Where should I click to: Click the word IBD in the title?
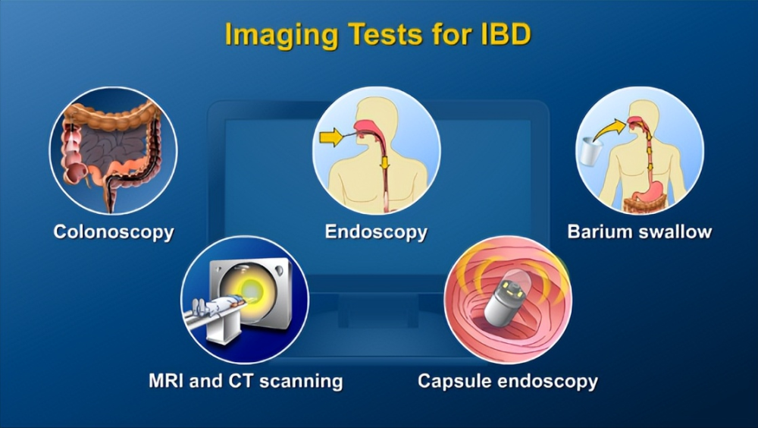[x=505, y=34]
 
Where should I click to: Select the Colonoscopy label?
[x=114, y=232]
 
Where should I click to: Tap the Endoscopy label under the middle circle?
[x=376, y=232]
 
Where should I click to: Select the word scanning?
[x=301, y=382]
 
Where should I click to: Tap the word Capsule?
[x=454, y=382]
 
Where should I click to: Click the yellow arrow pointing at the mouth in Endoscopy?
[x=331, y=137]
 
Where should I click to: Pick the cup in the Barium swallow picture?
[x=589, y=151]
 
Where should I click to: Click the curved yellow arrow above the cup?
[x=609, y=130]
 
